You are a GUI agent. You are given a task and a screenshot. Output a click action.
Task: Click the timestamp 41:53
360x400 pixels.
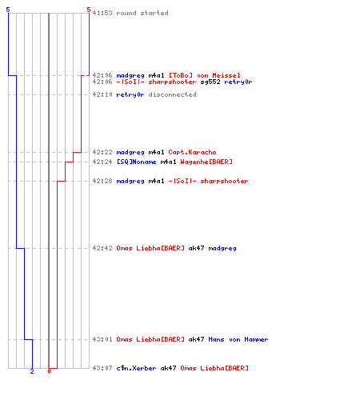pos(102,13)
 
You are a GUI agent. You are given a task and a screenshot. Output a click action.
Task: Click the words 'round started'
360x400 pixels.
pos(142,13)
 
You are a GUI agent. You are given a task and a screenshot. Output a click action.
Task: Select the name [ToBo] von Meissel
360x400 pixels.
pos(205,75)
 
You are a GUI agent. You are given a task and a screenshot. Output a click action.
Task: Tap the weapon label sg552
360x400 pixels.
pos(210,82)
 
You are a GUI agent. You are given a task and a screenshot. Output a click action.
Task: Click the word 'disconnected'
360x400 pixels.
pos(172,94)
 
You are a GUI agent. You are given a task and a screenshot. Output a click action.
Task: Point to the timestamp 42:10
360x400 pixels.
pos(102,94)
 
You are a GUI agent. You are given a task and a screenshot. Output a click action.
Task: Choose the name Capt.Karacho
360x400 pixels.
pos(192,152)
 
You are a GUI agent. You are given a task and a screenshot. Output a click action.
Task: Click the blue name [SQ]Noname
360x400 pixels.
pos(137,162)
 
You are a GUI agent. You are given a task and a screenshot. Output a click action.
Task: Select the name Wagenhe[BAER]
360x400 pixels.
pos(206,162)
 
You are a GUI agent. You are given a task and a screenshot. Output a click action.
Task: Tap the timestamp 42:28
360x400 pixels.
pos(102,181)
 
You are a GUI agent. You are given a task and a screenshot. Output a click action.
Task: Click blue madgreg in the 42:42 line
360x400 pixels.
pos(222,248)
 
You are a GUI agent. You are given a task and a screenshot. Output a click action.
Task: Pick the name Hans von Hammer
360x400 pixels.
pos(238,339)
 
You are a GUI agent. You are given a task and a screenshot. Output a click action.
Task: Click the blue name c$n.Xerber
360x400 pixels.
pos(136,368)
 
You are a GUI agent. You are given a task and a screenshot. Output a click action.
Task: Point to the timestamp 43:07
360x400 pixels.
pos(102,368)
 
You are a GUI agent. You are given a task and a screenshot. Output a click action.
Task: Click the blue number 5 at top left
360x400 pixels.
pos(8,10)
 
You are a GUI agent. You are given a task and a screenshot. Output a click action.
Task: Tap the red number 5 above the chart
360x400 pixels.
pos(89,10)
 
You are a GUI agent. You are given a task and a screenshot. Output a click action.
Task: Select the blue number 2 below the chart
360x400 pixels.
pos(32,371)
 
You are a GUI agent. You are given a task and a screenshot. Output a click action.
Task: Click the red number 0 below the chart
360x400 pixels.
pos(49,371)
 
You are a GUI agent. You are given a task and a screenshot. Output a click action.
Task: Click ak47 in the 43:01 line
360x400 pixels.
pos(196,339)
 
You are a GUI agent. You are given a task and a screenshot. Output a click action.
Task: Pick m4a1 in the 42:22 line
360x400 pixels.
pos(156,152)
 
